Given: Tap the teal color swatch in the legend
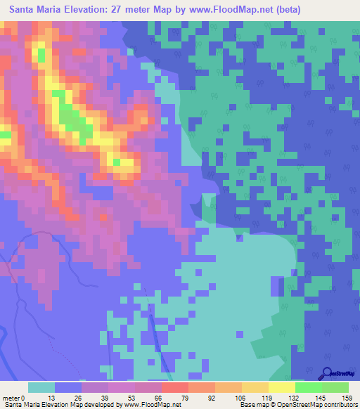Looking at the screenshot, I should [x=41, y=387].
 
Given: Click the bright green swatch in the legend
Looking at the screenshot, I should [x=335, y=387].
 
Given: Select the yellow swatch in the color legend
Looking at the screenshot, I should [x=281, y=387].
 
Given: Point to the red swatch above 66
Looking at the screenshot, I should [x=174, y=387].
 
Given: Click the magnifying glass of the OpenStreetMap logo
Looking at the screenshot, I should [x=327, y=374].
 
